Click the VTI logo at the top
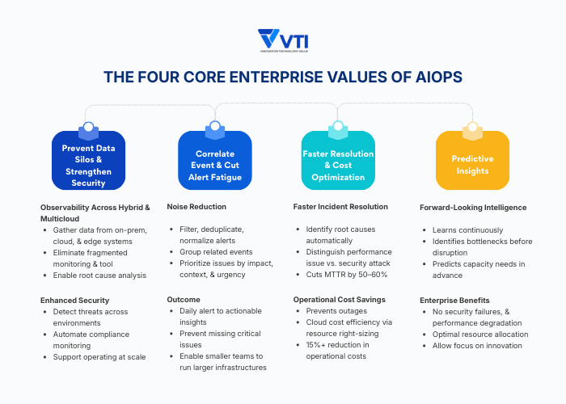282,40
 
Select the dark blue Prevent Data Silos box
88,160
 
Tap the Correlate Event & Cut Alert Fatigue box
214,160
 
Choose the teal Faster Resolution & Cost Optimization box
338,160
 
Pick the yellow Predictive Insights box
472,160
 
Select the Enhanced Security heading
76,300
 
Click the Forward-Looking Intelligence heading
473,208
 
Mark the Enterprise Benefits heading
454,300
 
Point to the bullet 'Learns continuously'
467,229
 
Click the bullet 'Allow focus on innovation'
477,346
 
